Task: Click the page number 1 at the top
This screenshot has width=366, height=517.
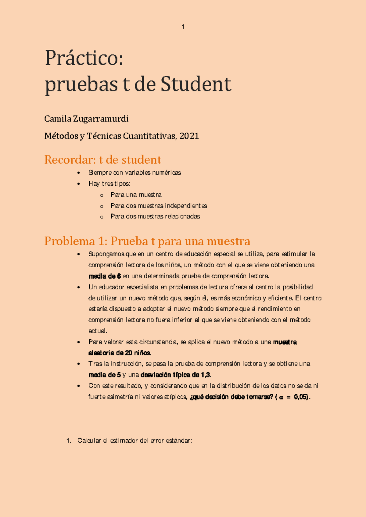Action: pos(183,27)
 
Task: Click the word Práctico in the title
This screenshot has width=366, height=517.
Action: pos(84,58)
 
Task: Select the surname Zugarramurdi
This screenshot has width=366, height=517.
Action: pos(101,119)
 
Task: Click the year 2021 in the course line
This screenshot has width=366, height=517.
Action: pos(189,136)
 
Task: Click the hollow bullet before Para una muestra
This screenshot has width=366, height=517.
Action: pos(102,195)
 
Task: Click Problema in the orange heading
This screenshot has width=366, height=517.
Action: pos(70,241)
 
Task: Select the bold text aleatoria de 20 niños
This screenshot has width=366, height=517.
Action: pos(120,353)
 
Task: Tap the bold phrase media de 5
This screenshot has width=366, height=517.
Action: pos(105,375)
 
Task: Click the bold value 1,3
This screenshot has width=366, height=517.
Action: pos(206,375)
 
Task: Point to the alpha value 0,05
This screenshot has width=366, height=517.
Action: pos(301,397)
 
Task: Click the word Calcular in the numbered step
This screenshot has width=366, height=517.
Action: pos(89,440)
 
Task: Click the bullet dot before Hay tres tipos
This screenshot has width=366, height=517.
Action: pos(79,184)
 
